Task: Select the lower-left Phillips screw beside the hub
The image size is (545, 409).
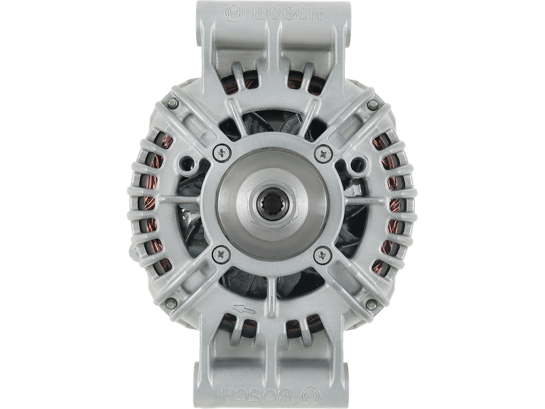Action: (219, 254)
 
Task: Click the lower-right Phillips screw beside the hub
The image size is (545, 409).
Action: (322, 254)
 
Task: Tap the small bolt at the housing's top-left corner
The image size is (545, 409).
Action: (172, 104)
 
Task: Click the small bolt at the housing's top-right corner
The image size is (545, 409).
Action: (373, 104)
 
